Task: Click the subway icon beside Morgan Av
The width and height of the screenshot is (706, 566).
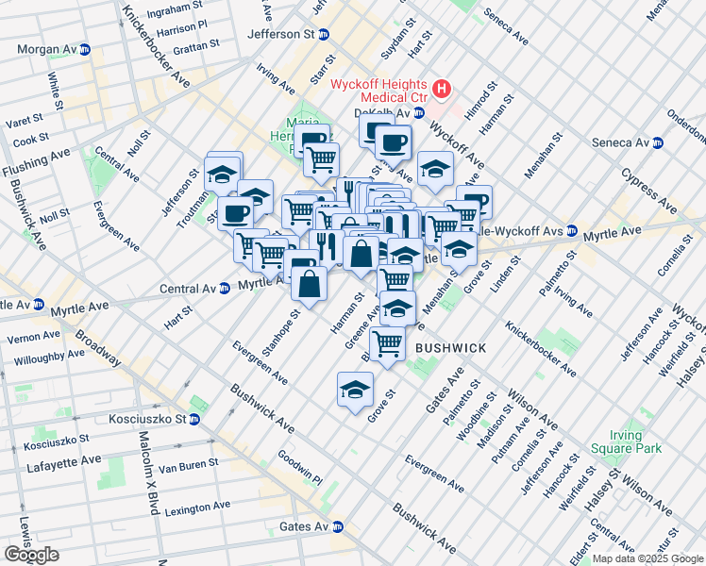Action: (85, 49)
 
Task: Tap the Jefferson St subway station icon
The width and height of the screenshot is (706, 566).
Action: (324, 34)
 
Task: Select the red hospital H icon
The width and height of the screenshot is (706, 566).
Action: (442, 91)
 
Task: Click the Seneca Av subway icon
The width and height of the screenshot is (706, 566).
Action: (658, 142)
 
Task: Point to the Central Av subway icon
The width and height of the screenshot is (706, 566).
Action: (225, 288)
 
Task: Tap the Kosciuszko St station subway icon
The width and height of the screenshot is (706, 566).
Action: (196, 418)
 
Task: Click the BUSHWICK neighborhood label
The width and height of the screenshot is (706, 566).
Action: (450, 348)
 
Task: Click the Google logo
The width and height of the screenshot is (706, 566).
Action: (31, 554)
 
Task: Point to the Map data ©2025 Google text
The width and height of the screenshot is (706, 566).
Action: (647, 558)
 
